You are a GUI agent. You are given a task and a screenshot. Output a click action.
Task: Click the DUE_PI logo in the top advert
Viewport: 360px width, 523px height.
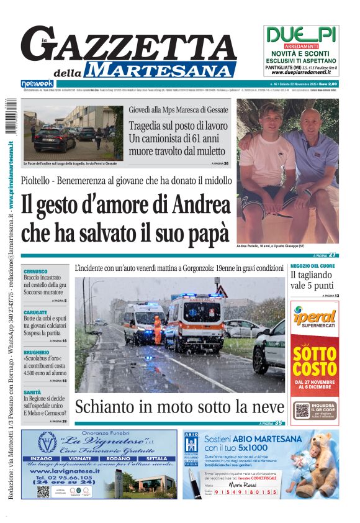coord(301,34)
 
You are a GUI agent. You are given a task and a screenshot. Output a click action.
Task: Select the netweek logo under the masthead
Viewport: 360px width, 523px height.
coord(37,83)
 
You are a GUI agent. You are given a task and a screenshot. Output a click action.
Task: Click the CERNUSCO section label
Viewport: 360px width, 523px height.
coord(35,271)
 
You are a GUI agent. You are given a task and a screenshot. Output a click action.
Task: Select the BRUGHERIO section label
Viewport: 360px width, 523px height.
coord(37,352)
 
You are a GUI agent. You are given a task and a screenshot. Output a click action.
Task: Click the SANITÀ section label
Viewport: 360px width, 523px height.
coord(33,392)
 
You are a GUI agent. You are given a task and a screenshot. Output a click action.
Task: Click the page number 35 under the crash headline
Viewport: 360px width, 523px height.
coord(279,423)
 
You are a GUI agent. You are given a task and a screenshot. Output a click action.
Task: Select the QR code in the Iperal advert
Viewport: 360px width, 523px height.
coord(302,411)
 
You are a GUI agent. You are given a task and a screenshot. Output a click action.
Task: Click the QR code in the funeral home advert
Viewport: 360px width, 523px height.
coord(43,491)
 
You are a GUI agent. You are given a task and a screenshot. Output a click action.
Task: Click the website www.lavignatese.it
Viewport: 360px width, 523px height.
coord(61,471)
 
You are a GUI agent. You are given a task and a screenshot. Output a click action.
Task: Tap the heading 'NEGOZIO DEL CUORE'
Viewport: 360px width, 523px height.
coord(312,266)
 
